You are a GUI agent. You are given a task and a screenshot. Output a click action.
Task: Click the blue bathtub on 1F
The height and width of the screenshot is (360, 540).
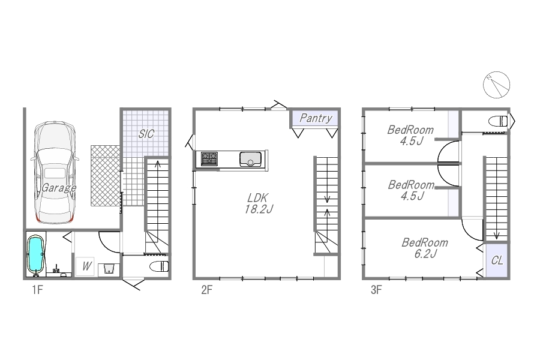[36, 254]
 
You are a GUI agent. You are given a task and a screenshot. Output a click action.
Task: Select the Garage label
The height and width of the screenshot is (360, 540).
[59, 188]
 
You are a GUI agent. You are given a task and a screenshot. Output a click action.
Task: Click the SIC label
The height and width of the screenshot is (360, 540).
[146, 134]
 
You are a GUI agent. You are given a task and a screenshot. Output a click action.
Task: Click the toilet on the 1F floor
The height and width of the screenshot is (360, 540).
[159, 266]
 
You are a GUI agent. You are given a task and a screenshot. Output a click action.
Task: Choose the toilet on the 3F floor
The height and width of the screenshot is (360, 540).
[498, 121]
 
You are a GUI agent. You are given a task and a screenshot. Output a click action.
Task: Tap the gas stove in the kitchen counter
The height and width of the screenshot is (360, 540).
[209, 159]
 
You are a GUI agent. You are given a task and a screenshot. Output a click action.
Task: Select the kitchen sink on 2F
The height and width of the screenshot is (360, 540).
[250, 159]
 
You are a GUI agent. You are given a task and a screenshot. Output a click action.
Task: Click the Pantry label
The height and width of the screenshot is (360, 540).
[316, 118]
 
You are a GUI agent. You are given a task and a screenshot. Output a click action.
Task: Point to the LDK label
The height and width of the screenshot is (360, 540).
[257, 198]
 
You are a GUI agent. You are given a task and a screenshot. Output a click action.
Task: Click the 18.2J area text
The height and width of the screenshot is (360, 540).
[259, 209]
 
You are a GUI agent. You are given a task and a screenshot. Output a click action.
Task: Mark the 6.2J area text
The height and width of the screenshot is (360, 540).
[425, 254]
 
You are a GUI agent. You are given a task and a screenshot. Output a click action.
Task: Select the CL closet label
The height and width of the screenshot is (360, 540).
[497, 260]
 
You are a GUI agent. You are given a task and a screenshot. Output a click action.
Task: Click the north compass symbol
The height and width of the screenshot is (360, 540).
[496, 85]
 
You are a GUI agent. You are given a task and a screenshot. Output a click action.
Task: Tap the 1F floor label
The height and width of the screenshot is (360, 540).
[38, 290]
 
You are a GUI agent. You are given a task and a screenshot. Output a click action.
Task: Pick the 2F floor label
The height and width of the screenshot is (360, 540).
[206, 290]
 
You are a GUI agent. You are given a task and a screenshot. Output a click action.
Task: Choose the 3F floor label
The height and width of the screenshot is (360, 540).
[376, 290]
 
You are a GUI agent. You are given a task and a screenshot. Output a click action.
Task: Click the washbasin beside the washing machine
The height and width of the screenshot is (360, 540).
[109, 269]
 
